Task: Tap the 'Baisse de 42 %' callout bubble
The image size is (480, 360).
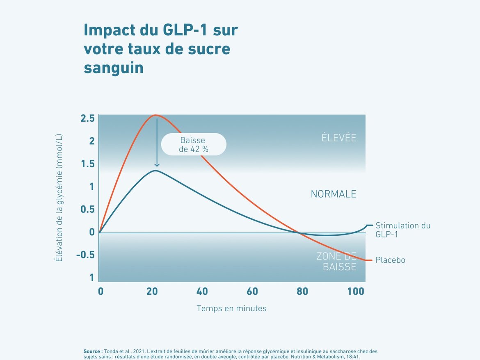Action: [x=194, y=144]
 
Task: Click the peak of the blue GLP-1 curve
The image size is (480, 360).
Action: [x=156, y=170]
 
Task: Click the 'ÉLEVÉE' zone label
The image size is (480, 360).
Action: [x=339, y=138]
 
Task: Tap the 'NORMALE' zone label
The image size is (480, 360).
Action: [x=334, y=194]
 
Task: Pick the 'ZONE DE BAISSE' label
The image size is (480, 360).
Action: [x=336, y=262]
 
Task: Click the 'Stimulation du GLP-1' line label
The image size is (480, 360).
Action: [x=403, y=230]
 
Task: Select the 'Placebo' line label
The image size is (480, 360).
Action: [x=390, y=260]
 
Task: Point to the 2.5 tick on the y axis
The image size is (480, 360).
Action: [x=87, y=118]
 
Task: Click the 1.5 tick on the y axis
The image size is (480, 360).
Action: [x=87, y=164]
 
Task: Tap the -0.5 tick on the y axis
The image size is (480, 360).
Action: [x=85, y=255]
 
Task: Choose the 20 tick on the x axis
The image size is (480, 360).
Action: [x=152, y=292]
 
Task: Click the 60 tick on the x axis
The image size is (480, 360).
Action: [x=252, y=292]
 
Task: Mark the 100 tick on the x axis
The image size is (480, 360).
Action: [x=355, y=292]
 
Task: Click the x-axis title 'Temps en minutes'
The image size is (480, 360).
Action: [x=231, y=308]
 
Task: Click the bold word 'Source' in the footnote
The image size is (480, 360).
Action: [x=93, y=351]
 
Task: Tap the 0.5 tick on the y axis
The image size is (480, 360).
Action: [x=87, y=210]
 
